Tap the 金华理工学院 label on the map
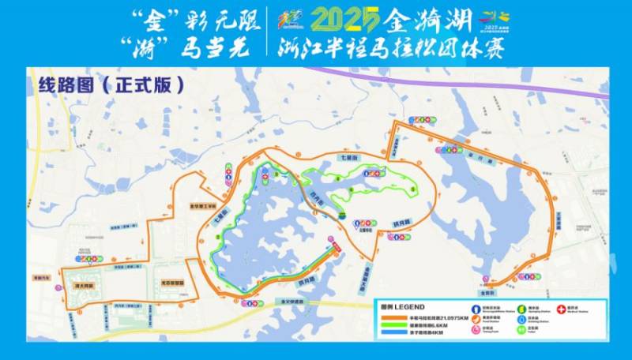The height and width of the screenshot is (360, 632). coord(201,207)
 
